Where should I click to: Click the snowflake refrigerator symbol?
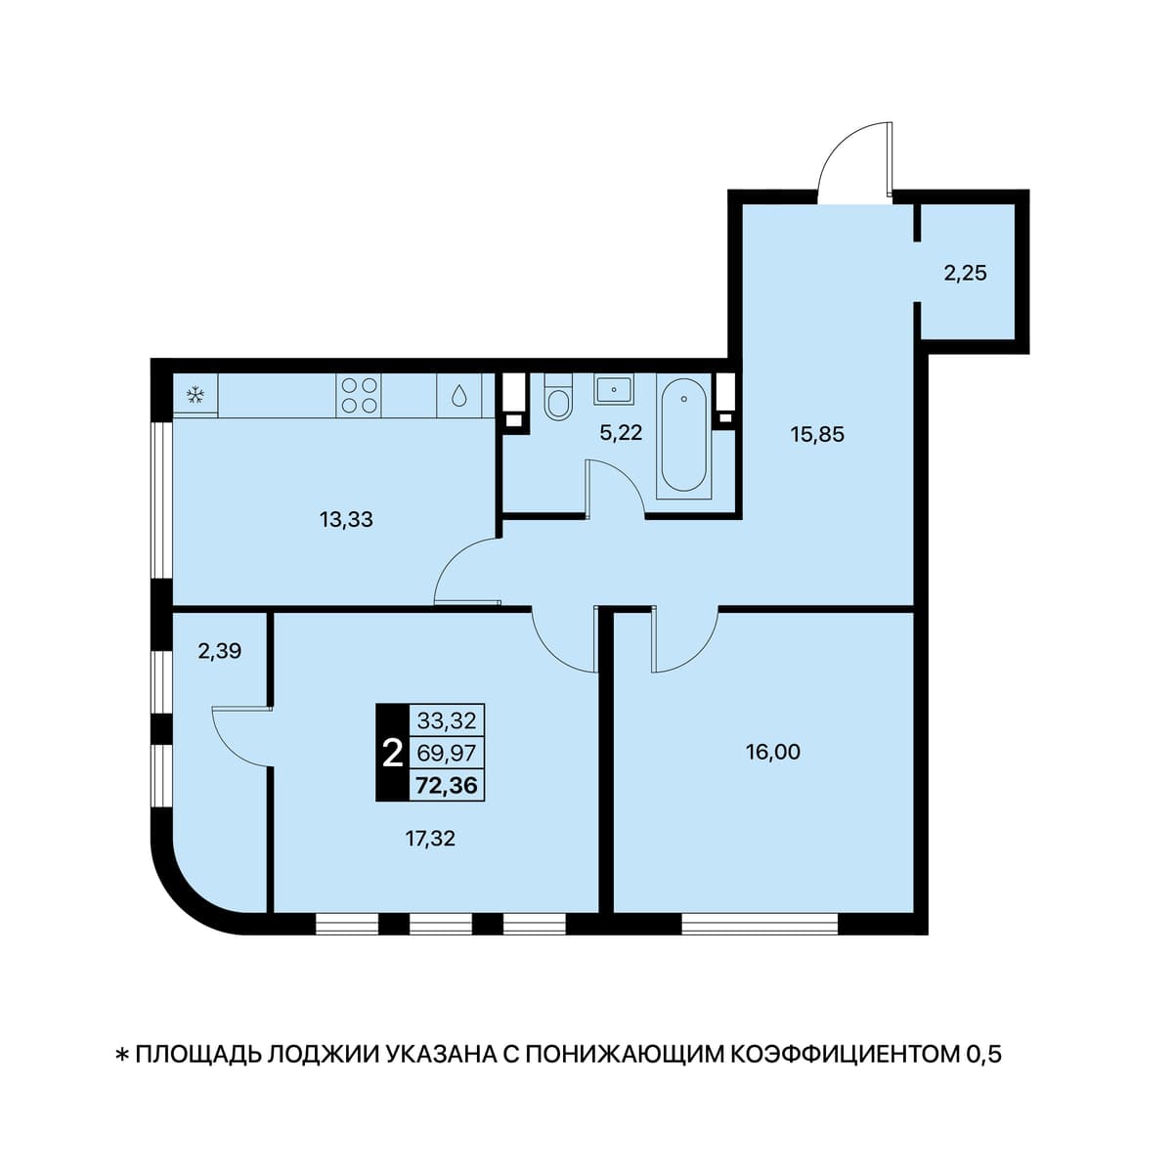195,395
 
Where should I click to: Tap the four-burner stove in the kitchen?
359,395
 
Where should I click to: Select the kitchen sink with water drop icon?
458,395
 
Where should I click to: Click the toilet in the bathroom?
557,397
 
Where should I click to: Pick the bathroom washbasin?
614,388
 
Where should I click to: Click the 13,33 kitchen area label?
346,519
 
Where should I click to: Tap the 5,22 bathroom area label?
621,433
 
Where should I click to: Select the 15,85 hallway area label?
817,435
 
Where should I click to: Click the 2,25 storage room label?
966,273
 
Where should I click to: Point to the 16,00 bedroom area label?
773,753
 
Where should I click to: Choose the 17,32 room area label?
430,839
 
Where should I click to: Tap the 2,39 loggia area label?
220,651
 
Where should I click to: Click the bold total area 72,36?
447,786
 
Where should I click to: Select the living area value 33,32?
446,721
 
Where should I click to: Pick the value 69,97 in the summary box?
446,754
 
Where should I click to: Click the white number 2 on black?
392,755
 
